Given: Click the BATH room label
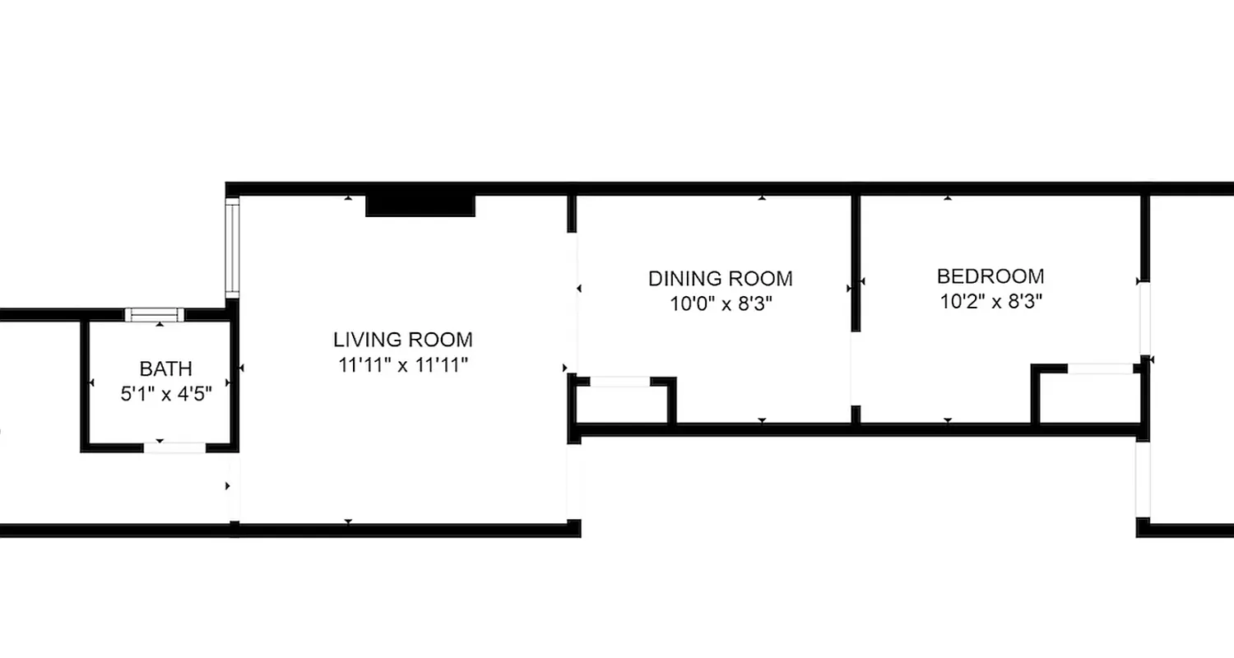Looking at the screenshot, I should coord(166,368).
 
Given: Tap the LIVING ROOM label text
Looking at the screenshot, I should coord(403,339).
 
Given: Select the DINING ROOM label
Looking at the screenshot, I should coord(721,278).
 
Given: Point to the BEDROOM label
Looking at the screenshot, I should coord(990,276).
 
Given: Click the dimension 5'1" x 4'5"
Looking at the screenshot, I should coord(166,394).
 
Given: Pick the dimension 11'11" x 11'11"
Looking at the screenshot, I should coord(403,365).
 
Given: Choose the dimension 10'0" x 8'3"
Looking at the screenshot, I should coord(721,304).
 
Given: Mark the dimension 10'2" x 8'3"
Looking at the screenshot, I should coord(990,301).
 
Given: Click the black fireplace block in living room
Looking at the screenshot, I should coord(420,205).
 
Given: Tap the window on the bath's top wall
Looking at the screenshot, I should coord(155,314).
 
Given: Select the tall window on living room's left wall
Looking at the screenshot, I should coord(233,248).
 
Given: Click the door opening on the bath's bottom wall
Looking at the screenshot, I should coord(174,447).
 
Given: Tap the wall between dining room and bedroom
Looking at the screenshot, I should coord(856,263).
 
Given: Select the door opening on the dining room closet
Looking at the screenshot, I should coord(619,382).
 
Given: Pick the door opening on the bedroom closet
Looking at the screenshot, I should coord(1100,368).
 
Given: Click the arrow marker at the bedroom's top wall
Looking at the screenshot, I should coord(948,198).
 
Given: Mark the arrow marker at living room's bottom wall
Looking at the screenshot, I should coord(348,521).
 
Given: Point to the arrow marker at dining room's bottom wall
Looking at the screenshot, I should coord(762,420).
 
